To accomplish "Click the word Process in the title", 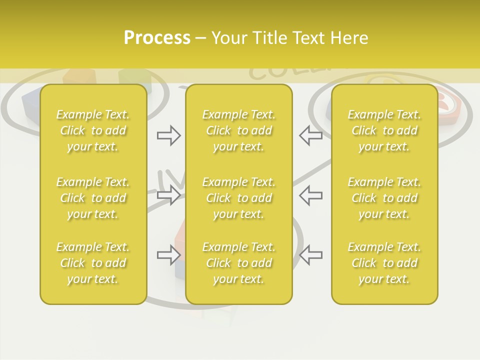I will click(x=157, y=38).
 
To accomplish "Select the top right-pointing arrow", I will click(x=168, y=135).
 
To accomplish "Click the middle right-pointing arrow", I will click(x=168, y=195).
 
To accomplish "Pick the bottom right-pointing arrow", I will click(x=168, y=254).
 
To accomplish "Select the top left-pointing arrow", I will click(x=310, y=135).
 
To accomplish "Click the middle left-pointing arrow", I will click(x=310, y=195).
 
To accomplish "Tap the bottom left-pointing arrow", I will click(x=310, y=254).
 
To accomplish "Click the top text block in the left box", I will click(x=93, y=130).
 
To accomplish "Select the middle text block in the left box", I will click(x=93, y=198).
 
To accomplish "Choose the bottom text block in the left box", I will click(x=93, y=263).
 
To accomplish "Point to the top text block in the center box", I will click(x=238, y=130).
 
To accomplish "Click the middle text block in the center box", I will click(x=238, y=198).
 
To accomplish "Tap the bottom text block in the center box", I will click(x=238, y=263).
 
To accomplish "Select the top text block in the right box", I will click(x=384, y=130).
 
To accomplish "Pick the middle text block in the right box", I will click(x=384, y=198).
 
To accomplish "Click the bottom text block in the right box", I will click(x=384, y=263).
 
